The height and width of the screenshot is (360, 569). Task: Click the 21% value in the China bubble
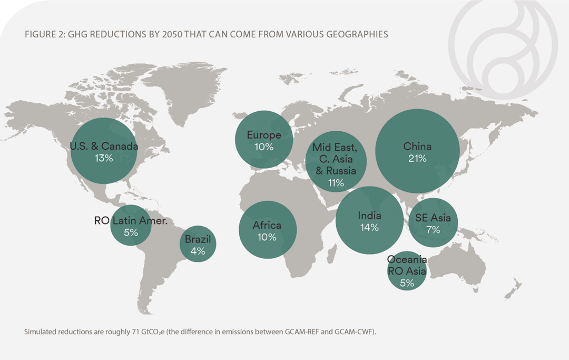(x=417, y=158)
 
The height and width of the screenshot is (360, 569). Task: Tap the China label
(x=417, y=147)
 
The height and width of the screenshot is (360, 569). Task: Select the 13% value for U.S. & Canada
(x=104, y=158)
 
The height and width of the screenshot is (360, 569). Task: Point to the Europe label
(x=263, y=135)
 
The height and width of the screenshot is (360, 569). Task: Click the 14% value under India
(x=369, y=228)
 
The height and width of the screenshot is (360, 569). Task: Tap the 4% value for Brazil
(x=198, y=251)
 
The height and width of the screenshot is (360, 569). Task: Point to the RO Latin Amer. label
(x=131, y=221)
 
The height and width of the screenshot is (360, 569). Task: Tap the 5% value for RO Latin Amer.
(x=131, y=232)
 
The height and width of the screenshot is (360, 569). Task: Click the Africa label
(x=267, y=226)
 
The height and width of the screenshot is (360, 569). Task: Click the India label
(x=369, y=216)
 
